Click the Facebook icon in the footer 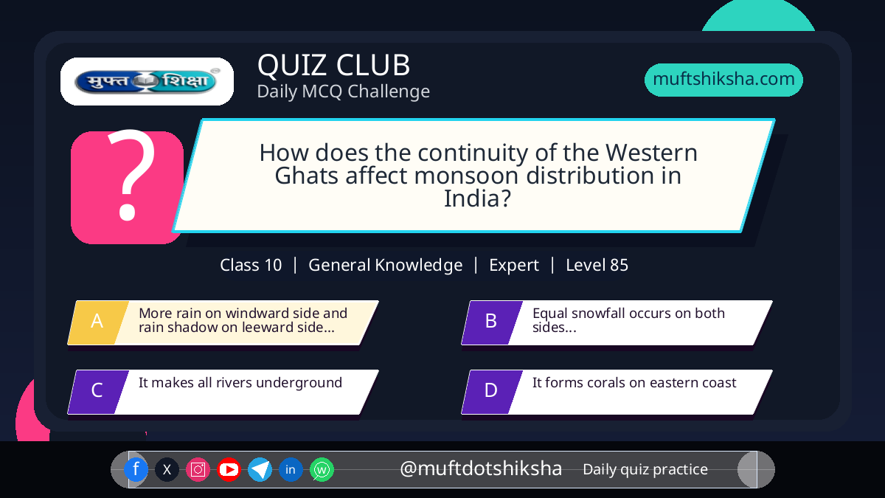click(136, 469)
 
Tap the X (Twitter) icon click(167, 469)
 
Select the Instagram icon click(198, 469)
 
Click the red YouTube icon click(229, 469)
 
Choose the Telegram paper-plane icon click(260, 469)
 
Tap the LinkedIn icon click(291, 469)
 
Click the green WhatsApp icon click(322, 469)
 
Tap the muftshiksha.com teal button click(723, 80)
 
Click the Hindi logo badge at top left click(147, 81)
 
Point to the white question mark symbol click(131, 175)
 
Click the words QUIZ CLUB click(334, 65)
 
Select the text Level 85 click(597, 265)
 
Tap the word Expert click(514, 265)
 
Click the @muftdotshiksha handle click(481, 468)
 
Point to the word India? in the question click(478, 198)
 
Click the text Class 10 click(251, 265)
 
